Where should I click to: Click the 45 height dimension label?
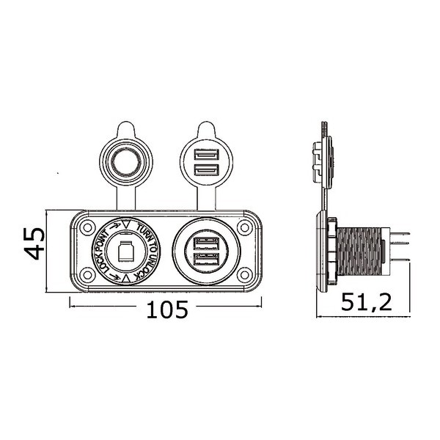[x=34, y=243]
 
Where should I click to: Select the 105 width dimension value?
[x=167, y=309]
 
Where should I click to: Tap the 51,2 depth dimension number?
[x=367, y=301]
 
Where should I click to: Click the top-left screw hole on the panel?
[x=87, y=227]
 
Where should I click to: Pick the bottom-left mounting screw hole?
[x=87, y=274]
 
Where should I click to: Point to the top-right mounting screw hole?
[x=244, y=227]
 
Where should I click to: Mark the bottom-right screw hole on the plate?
[x=244, y=274]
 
